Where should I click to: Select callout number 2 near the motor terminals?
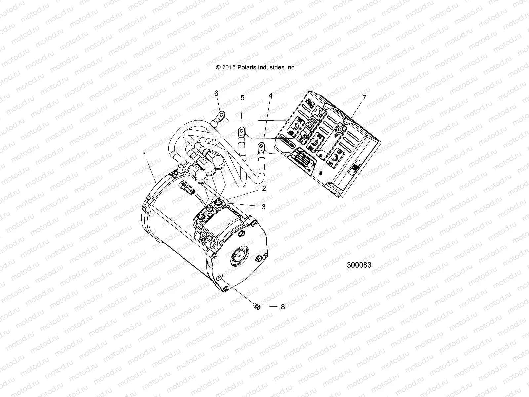pos(264,189)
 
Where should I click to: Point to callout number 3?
pos(264,207)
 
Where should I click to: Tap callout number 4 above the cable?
pos(271,96)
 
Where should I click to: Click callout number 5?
pos(242,98)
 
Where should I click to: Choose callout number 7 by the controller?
pos(364,98)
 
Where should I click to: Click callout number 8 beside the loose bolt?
pos(283,307)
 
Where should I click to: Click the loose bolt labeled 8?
pos(257,307)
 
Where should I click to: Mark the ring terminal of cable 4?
pos(261,146)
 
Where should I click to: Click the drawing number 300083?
pos(359,265)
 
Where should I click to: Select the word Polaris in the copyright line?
pos(245,67)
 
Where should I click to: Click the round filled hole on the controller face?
pos(320,173)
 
